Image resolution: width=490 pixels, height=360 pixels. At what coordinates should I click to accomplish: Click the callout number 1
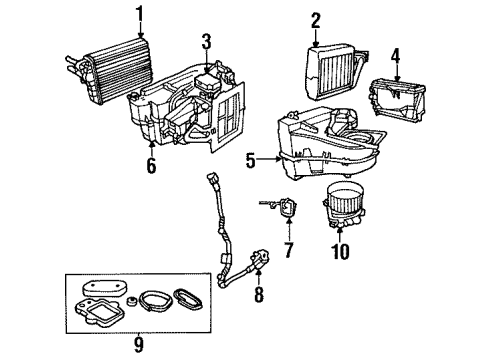pyautogui.click(x=140, y=14)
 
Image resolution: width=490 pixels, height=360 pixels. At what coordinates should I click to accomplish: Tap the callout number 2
pyautogui.click(x=315, y=19)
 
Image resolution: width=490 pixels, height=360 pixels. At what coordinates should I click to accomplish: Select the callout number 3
pyautogui.click(x=205, y=41)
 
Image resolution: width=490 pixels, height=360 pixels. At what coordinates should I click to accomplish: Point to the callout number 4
pyautogui.click(x=396, y=55)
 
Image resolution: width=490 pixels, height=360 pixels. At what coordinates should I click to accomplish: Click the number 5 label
pyautogui.click(x=251, y=158)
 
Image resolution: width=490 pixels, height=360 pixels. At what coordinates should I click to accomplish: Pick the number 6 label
pyautogui.click(x=151, y=167)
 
